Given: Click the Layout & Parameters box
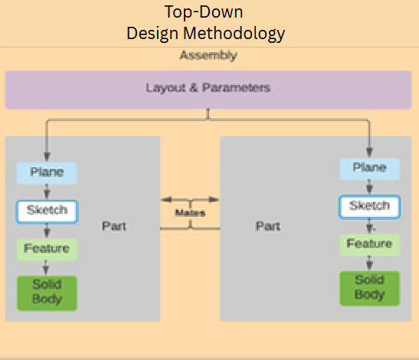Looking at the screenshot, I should (x=208, y=89).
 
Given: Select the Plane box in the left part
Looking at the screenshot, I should (x=47, y=172).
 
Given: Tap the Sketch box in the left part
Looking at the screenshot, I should (x=47, y=211).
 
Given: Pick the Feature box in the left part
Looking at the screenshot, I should (x=47, y=249).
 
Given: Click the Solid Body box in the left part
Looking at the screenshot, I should (x=47, y=293).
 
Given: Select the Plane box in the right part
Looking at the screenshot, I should (x=369, y=168).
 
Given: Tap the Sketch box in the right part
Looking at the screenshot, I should (x=369, y=206).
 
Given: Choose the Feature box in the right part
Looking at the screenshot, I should (x=369, y=244).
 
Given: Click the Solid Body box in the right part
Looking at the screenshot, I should (x=369, y=288).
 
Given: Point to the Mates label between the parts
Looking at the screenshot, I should (x=190, y=213).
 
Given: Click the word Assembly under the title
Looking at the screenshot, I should (x=208, y=55).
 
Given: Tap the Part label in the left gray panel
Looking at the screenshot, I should (x=114, y=227).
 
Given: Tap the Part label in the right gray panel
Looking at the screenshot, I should (x=267, y=227).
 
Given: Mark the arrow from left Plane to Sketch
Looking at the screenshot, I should (x=47, y=191).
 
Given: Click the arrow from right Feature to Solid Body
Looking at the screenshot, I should (x=370, y=263).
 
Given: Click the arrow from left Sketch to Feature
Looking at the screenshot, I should (x=47, y=230).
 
